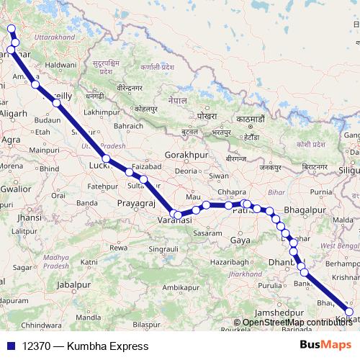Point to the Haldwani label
tap(60, 65)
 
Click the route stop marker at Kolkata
tap(350, 312)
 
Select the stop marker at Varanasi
tap(179, 214)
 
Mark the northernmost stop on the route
tap(10, 30)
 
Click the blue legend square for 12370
tap(10, 346)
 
